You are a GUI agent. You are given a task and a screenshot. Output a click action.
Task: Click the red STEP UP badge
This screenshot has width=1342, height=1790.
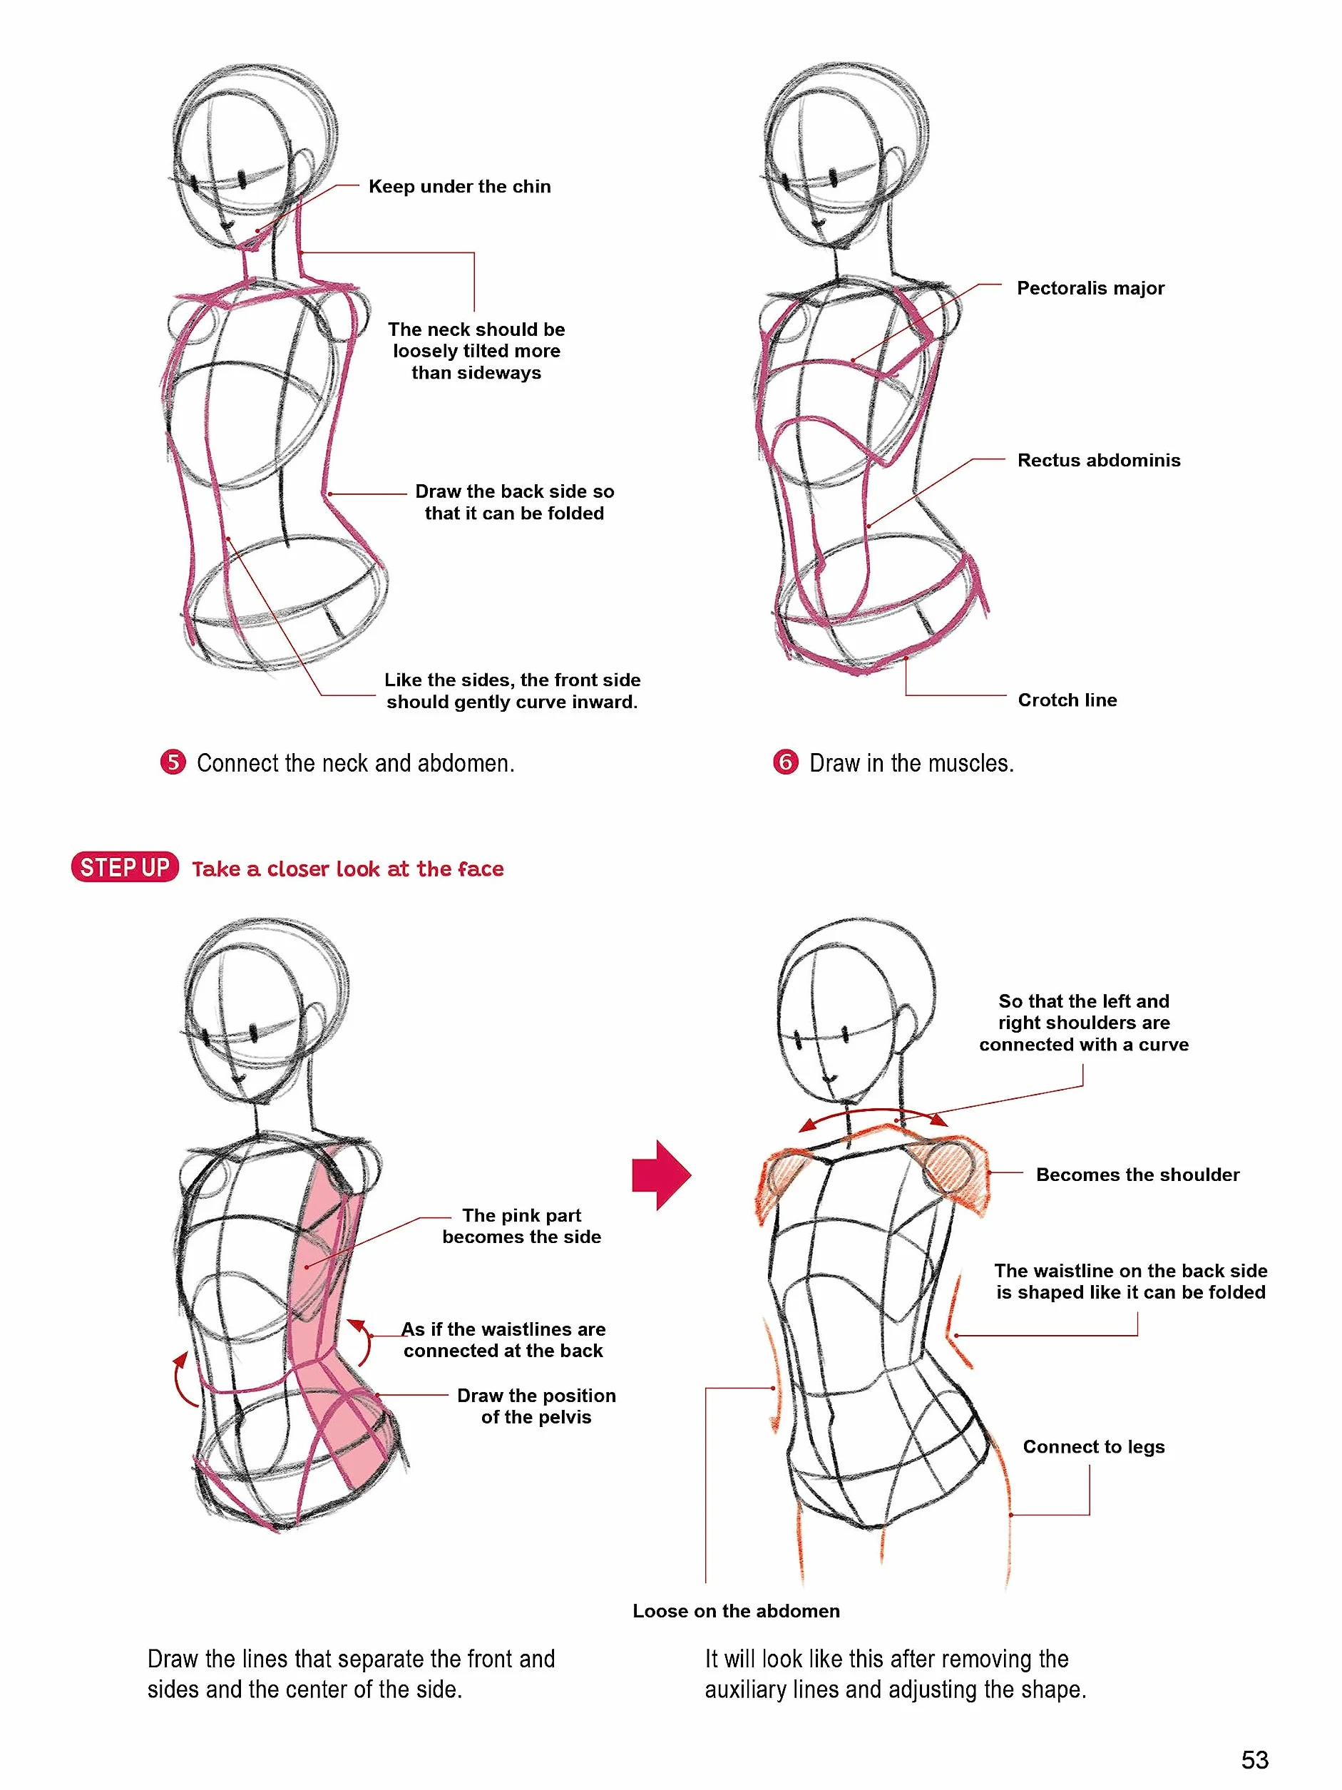125,866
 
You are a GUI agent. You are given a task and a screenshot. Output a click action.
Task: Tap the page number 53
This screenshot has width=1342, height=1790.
1254,1759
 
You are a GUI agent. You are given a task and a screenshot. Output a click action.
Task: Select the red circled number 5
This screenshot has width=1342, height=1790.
173,762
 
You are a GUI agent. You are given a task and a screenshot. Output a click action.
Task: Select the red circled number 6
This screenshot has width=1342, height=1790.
786,762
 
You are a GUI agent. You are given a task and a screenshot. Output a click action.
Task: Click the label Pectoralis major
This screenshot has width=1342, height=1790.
1090,288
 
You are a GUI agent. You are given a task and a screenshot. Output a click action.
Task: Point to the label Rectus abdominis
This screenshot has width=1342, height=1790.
1099,461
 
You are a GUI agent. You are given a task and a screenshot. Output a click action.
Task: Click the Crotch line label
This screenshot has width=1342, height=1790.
1067,700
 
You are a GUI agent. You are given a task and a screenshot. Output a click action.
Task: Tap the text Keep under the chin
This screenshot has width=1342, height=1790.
459,187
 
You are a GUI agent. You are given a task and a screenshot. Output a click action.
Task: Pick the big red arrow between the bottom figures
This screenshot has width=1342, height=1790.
662,1175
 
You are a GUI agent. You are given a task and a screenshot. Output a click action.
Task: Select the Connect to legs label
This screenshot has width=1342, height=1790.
1094,1446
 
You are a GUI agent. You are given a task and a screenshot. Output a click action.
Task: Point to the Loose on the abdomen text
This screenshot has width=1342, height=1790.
736,1610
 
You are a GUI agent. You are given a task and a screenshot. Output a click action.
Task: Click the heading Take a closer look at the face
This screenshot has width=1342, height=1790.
348,869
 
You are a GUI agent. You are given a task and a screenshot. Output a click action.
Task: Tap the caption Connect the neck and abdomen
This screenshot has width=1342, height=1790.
355,763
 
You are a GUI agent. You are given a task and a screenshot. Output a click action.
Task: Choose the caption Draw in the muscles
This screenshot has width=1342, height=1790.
911,763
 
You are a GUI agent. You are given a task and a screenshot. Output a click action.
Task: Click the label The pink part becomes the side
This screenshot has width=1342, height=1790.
522,1226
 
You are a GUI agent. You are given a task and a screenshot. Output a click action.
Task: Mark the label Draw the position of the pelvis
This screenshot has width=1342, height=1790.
536,1406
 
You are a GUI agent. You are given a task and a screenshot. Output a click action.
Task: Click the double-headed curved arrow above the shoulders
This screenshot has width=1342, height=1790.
873,1113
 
